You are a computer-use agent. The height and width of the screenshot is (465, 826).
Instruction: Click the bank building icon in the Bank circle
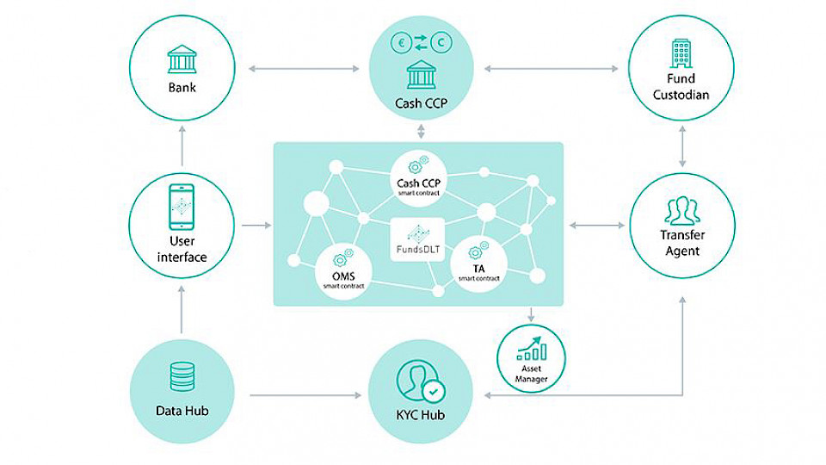tap(182, 60)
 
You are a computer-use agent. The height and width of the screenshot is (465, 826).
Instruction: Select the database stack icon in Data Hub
tap(182, 376)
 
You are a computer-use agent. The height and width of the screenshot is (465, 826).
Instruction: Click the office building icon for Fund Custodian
tap(681, 54)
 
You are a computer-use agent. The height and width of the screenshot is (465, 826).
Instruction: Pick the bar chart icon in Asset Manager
tap(531, 347)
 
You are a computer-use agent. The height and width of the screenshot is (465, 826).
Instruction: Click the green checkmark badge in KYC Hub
tap(436, 391)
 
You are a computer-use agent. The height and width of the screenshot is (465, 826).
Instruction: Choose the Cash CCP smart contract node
tap(419, 176)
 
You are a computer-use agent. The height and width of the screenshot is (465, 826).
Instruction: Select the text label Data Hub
tap(182, 410)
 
